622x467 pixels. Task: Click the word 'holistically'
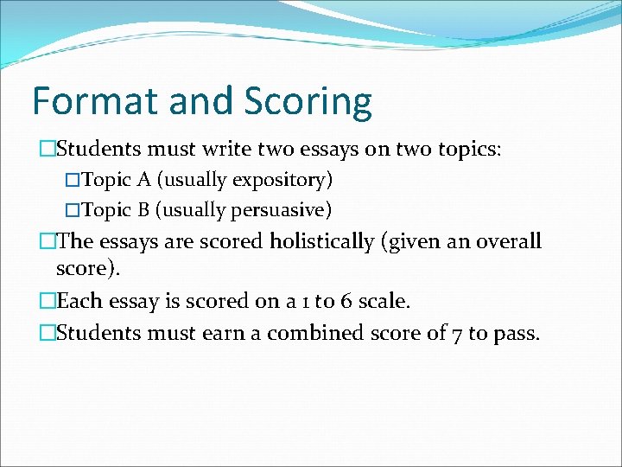coord(322,241)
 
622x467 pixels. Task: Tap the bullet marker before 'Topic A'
coord(73,181)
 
